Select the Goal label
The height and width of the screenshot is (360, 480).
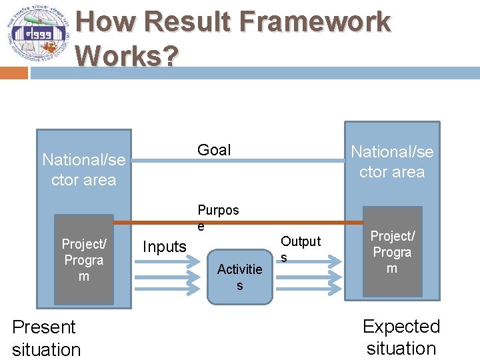pyautogui.click(x=214, y=150)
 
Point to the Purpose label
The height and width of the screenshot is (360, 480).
pyautogui.click(x=217, y=217)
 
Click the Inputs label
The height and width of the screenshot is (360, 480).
pyautogui.click(x=165, y=247)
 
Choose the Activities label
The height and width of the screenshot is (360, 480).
pyautogui.click(x=239, y=277)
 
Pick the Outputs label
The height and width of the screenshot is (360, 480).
pyautogui.click(x=300, y=248)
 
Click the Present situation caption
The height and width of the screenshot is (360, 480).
pyautogui.click(x=46, y=338)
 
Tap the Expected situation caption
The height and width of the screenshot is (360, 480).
pyautogui.click(x=401, y=337)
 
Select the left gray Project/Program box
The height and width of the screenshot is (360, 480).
pyautogui.click(x=83, y=259)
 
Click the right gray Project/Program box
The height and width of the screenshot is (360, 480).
pyautogui.click(x=392, y=252)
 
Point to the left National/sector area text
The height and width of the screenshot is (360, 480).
pyautogui.click(x=83, y=170)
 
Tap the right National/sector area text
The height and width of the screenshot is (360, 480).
pyautogui.click(x=392, y=161)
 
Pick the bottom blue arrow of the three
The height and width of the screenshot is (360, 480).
pyautogui.click(x=167, y=287)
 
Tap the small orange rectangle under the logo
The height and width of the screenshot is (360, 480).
pyautogui.click(x=13, y=73)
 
